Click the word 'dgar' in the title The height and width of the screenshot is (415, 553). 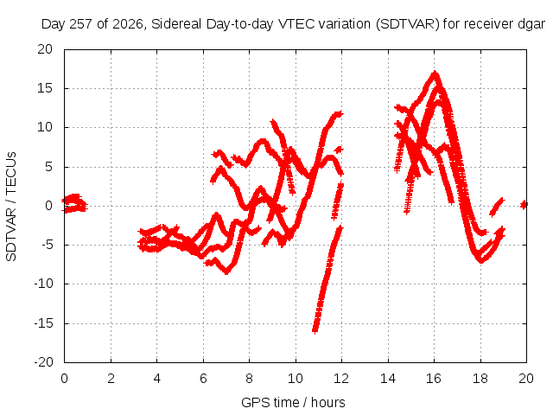coord(531,25)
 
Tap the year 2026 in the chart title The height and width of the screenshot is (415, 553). coord(128,24)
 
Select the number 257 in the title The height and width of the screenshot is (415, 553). coord(81,24)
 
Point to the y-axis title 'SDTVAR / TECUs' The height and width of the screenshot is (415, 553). coord(11,207)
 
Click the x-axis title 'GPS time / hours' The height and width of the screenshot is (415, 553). coord(293,403)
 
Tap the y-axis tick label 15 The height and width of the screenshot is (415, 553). coord(45,88)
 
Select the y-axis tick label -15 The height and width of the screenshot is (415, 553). coord(43,323)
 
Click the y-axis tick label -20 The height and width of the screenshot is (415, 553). coord(43,362)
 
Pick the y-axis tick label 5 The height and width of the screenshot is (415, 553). coord(48,167)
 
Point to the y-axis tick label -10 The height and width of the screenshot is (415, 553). coord(43,284)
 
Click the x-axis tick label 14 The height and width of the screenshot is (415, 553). coord(388,379)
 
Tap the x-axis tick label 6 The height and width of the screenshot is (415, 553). coord(203,379)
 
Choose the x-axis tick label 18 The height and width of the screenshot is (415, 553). coord(480,379)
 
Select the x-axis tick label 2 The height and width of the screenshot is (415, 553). coord(111,379)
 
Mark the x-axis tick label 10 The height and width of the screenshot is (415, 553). coord(296,379)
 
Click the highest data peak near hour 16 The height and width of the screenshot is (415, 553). coord(435,73)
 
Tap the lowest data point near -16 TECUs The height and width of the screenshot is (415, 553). coord(315,330)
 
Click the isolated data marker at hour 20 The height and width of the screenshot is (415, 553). coord(524,204)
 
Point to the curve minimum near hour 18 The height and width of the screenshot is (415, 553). coord(480,260)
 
